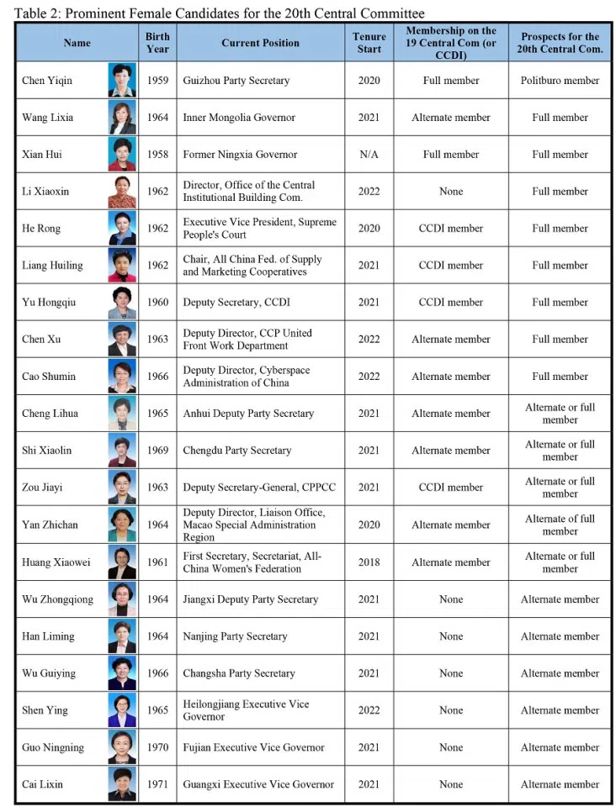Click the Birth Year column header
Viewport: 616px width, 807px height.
point(157,43)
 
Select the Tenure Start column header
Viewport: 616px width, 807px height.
point(369,43)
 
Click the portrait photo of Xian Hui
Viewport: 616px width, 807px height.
point(122,155)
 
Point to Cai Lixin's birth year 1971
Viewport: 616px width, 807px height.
point(157,784)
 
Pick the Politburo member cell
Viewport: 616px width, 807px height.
point(560,81)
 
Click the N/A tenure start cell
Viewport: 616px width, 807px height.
point(369,155)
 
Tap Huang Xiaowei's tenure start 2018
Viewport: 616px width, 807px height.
point(369,562)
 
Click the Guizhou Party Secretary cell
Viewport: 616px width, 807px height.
point(236,81)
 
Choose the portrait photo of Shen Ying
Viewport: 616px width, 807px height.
point(122,710)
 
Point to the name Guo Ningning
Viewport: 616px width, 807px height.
point(51,747)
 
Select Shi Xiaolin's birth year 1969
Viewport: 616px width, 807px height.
point(157,451)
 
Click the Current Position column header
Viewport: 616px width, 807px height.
point(260,43)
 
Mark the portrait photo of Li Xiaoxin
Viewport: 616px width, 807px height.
point(122,192)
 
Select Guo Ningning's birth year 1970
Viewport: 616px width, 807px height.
point(157,747)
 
